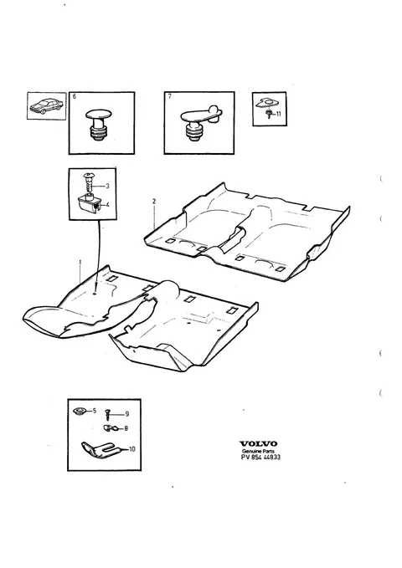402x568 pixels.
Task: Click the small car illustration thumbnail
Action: click(x=46, y=105)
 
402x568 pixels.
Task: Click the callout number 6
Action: click(x=75, y=96)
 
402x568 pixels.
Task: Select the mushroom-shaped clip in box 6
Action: click(x=98, y=125)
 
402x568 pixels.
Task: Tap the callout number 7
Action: click(x=169, y=96)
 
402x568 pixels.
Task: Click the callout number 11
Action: click(x=278, y=114)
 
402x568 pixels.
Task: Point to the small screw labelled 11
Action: click(x=269, y=114)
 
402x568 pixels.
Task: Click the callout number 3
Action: click(x=107, y=187)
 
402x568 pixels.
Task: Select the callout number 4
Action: click(x=107, y=205)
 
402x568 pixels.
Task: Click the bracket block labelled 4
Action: click(x=89, y=205)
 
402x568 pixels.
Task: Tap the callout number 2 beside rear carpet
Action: click(x=154, y=202)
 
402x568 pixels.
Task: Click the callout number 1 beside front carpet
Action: click(x=80, y=262)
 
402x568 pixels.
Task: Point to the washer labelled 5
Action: click(x=79, y=412)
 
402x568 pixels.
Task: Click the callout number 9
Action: click(x=127, y=414)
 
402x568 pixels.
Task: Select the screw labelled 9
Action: click(x=107, y=414)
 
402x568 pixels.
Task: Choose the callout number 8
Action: click(x=126, y=428)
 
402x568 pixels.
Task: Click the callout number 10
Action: click(x=131, y=449)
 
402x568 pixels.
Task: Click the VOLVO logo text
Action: click(x=258, y=443)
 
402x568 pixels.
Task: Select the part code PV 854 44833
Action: click(x=260, y=457)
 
